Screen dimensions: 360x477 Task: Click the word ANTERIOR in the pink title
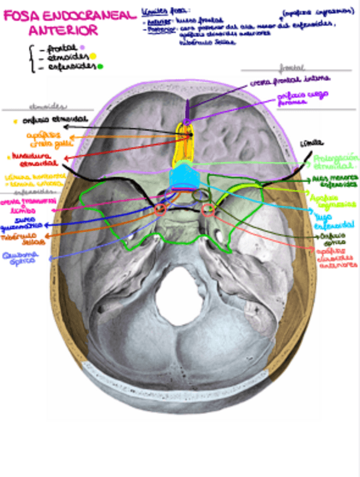click(63, 30)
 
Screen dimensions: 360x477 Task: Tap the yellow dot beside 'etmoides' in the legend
click(93, 56)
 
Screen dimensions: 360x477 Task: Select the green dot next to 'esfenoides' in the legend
click(100, 66)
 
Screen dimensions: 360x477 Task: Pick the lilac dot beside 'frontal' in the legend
click(83, 47)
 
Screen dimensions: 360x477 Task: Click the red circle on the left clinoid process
click(160, 210)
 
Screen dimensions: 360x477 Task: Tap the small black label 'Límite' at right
click(308, 143)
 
